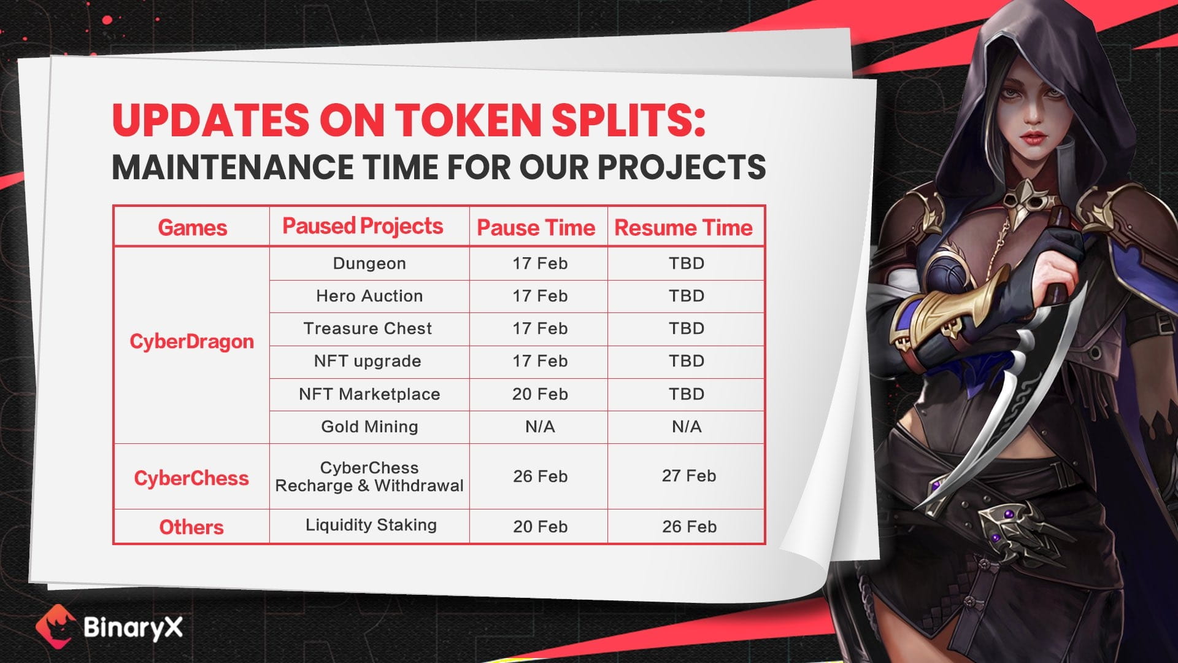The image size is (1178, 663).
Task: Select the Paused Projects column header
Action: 363,227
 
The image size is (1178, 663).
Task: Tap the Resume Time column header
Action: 683,228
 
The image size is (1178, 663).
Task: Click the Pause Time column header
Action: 536,228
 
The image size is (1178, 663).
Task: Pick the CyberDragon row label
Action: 191,342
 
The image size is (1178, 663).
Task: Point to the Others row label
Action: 191,527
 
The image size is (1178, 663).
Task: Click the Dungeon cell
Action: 369,263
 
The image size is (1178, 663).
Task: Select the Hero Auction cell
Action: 369,296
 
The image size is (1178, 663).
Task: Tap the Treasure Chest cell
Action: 368,328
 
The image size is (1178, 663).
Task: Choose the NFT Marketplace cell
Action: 369,394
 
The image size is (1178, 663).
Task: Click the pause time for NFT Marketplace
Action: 540,394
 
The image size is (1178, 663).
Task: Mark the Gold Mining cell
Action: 369,427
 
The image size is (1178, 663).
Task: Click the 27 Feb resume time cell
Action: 688,476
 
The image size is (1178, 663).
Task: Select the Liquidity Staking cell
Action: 371,525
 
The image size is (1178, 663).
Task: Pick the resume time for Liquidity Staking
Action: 689,527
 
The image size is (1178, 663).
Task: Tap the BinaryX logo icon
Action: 55,626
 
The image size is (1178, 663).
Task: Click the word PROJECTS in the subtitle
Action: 682,167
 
